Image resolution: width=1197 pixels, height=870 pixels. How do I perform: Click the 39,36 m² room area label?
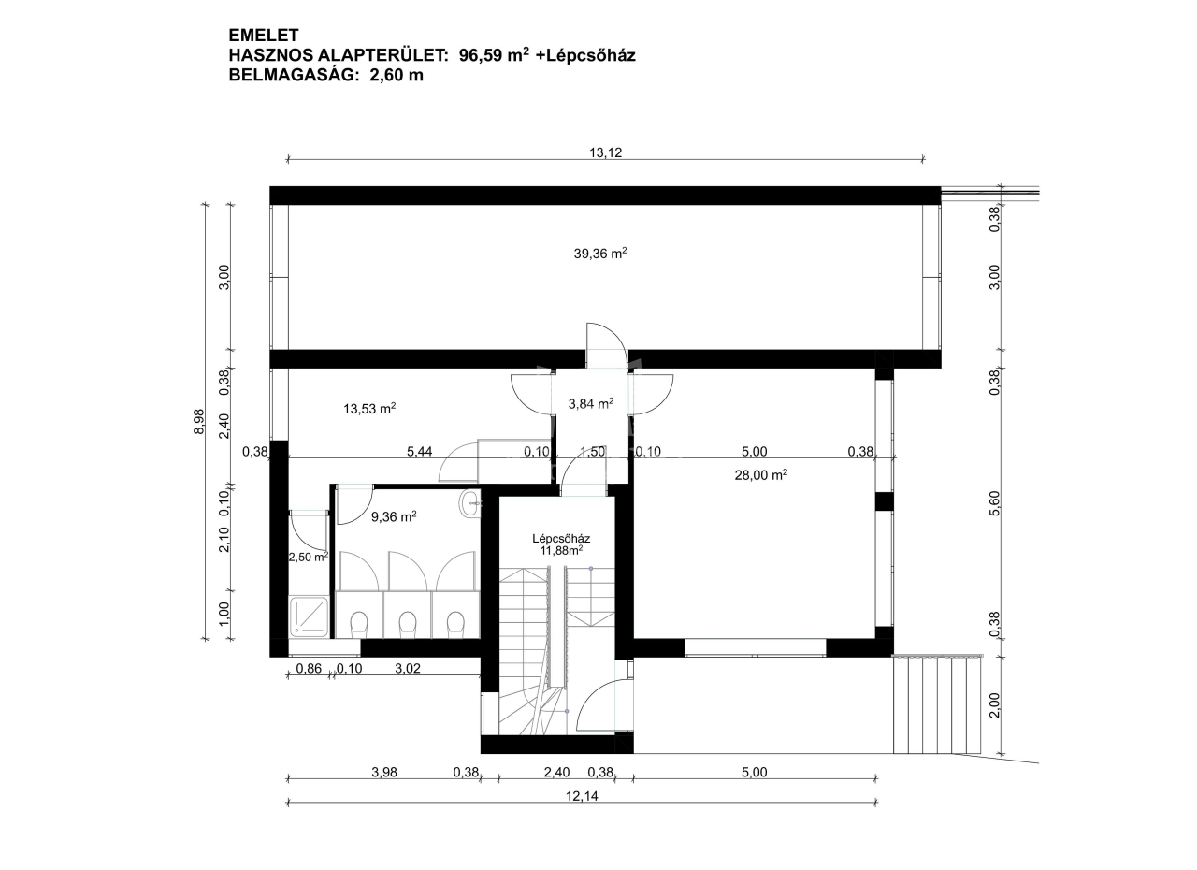[600, 253]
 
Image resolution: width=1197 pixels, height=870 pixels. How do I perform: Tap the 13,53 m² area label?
[369, 408]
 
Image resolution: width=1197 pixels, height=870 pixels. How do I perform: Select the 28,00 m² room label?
[761, 474]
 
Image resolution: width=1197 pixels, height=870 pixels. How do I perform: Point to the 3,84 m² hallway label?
[590, 403]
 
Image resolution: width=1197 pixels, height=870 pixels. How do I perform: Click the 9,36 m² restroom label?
[394, 516]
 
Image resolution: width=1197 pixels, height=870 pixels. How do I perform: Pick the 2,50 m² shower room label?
[309, 557]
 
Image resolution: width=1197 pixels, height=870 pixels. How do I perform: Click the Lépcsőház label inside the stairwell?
[561, 538]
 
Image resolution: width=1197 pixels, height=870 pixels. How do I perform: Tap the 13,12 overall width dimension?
[605, 152]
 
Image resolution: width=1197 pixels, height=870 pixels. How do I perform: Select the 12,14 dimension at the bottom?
[582, 796]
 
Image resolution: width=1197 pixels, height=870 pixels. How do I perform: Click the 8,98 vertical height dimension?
[199, 421]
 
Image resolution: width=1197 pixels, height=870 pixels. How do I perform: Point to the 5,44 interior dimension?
[420, 451]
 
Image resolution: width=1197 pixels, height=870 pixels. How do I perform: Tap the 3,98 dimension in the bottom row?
[384, 772]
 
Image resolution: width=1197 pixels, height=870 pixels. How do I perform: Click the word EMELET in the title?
[264, 36]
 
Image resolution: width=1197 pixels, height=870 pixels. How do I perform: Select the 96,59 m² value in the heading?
[495, 54]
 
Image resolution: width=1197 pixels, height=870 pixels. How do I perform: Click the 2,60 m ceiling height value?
[397, 75]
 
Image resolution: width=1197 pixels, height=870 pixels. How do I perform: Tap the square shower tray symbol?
[309, 616]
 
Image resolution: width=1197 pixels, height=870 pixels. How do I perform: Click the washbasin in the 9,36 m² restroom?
[469, 503]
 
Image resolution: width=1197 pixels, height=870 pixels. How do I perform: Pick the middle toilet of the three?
[408, 624]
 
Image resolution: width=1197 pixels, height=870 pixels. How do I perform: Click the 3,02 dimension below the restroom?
[407, 668]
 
